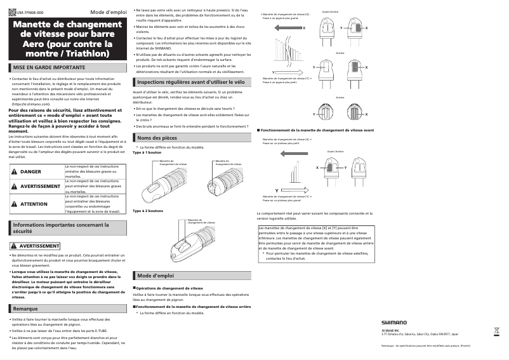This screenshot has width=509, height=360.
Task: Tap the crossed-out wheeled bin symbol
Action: tap(496, 331)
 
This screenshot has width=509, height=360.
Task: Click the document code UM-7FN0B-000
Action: tap(29, 13)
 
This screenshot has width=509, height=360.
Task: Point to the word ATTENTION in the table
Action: tap(34, 204)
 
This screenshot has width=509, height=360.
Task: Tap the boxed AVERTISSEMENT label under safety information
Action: tap(34, 245)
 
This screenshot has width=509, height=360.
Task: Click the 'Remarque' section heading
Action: tap(25, 308)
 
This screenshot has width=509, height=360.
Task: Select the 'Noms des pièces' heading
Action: tap(157, 138)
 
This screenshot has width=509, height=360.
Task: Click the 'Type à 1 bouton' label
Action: tap(147, 153)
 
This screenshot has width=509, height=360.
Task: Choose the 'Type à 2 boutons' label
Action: tap(148, 211)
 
